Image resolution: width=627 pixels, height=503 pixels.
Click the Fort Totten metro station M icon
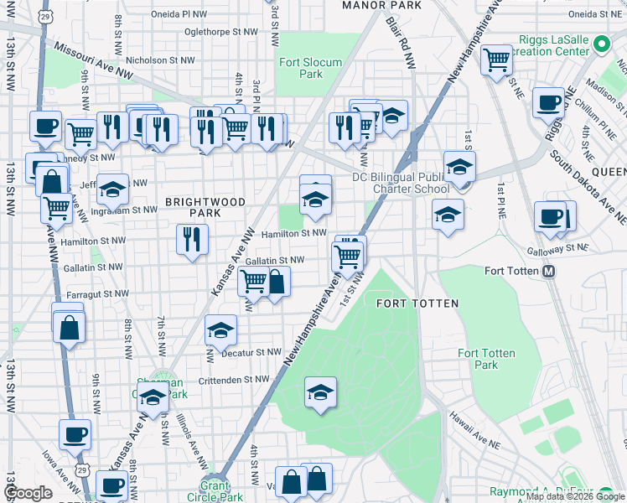tap(550, 271)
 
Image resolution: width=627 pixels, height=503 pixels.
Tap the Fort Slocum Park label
tap(300, 67)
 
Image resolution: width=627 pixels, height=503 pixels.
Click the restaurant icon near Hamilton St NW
tap(192, 240)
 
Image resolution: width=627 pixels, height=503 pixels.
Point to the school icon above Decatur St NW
tap(221, 332)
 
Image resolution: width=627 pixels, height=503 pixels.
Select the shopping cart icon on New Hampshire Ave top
tap(496, 60)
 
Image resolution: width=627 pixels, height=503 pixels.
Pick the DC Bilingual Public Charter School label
tap(401, 182)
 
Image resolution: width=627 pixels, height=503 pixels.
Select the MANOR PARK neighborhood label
tap(381, 5)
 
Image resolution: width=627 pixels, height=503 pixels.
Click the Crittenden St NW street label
tap(234, 380)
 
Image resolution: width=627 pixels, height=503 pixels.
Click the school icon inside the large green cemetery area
tap(320, 392)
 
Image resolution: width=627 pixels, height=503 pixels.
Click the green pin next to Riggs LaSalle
tap(600, 44)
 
